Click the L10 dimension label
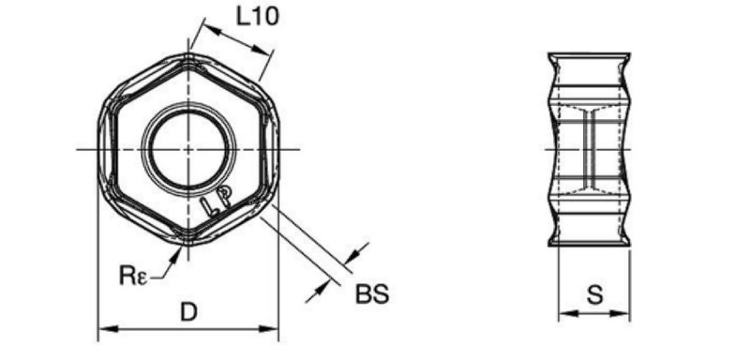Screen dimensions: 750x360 point(257,17)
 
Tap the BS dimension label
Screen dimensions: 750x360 point(372,294)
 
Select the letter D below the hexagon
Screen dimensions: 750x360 point(188,313)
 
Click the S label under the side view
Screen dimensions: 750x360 point(594,295)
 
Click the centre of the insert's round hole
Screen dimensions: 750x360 point(188,149)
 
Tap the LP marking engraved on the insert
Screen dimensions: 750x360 point(217,200)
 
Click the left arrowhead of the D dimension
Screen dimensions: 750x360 point(108,328)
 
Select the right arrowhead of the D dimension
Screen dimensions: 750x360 point(268,328)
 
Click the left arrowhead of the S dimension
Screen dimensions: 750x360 point(568,314)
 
